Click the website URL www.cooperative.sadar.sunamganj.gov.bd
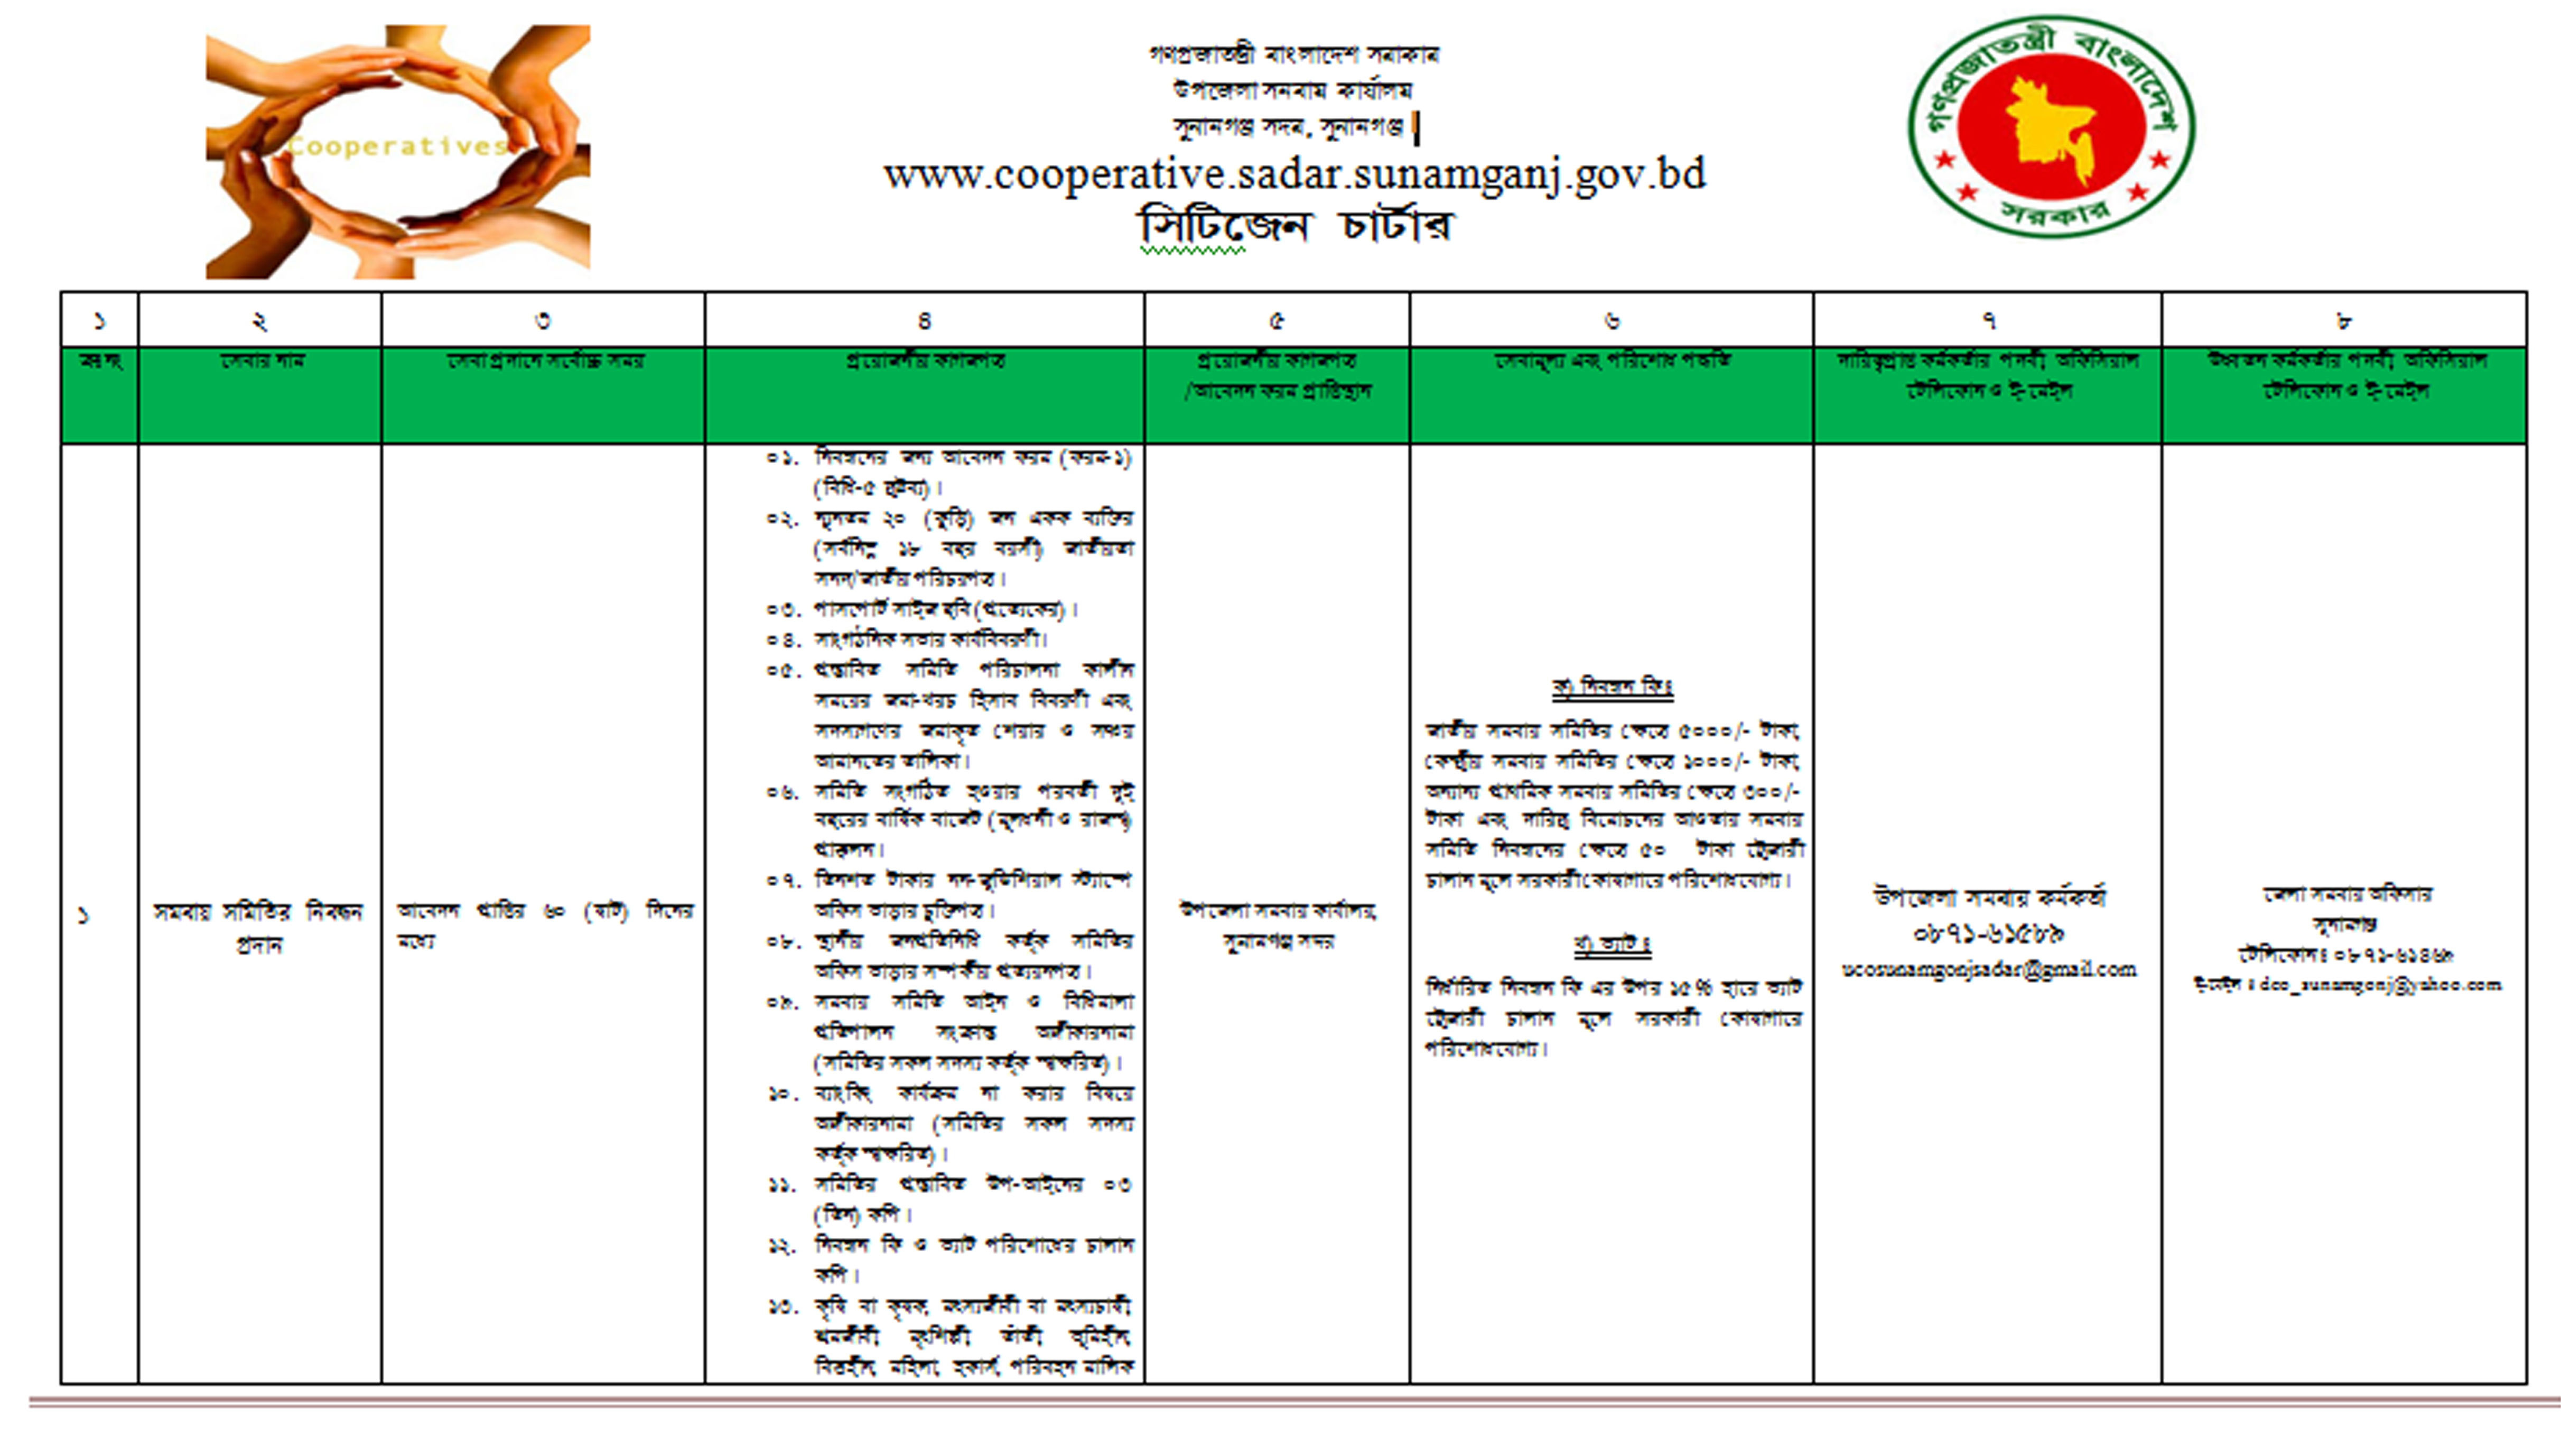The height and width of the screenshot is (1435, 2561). tap(1295, 175)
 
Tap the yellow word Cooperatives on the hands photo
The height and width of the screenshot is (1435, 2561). tap(398, 147)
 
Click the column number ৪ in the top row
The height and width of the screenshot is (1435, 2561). tap(924, 320)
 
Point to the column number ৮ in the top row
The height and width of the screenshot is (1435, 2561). tap(2343, 320)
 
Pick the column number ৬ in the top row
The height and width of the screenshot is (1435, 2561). tap(1610, 320)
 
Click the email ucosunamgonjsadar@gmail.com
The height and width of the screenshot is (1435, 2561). tap(1988, 969)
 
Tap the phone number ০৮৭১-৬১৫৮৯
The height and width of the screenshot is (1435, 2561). tap(1988, 934)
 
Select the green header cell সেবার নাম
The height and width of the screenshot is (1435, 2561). tap(260, 360)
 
